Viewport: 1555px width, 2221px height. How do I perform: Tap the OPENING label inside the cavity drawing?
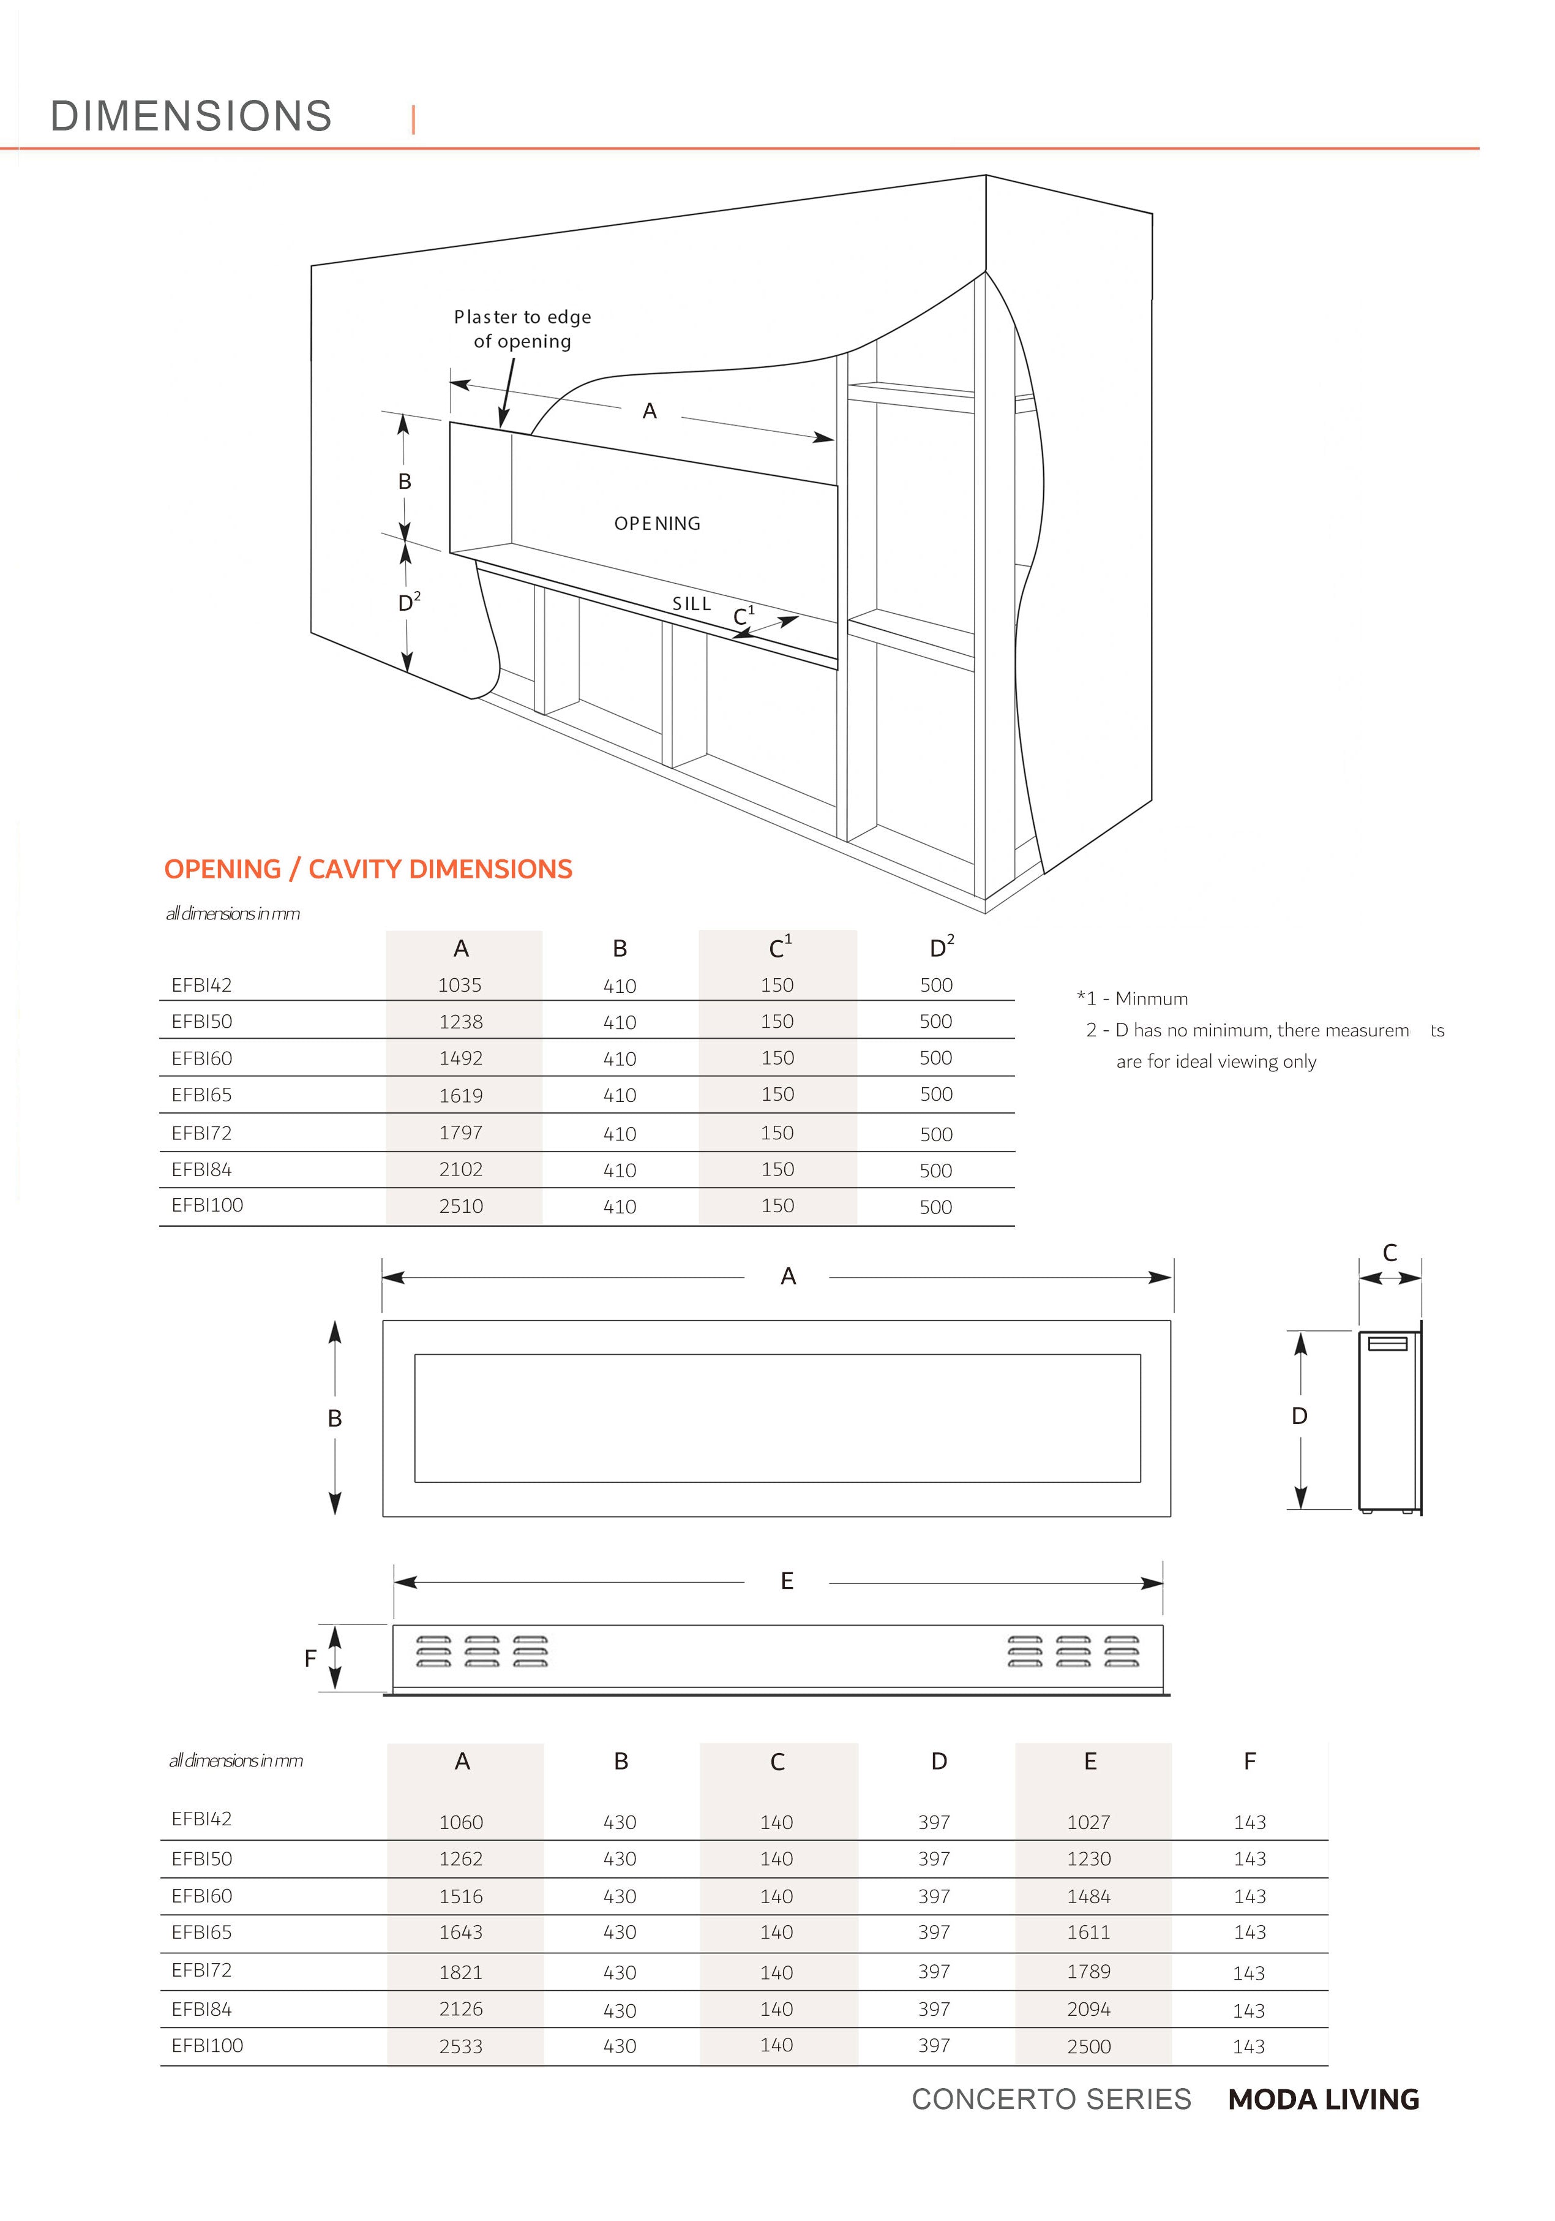pyautogui.click(x=657, y=523)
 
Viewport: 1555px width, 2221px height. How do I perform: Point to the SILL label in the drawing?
pyautogui.click(x=691, y=603)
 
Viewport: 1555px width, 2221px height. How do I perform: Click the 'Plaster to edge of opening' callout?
pyautogui.click(x=522, y=329)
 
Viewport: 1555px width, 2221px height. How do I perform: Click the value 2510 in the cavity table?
pyautogui.click(x=460, y=1206)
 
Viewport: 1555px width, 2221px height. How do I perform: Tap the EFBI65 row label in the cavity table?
pyautogui.click(x=201, y=1095)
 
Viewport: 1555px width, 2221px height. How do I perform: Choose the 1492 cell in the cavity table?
pyautogui.click(x=460, y=1058)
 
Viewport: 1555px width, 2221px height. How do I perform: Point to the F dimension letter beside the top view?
pyautogui.click(x=310, y=1659)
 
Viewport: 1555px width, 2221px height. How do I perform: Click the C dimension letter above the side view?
pyautogui.click(x=1390, y=1253)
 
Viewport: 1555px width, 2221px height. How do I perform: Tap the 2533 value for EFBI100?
pyautogui.click(x=460, y=2046)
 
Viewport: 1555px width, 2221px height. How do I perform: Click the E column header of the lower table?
pyautogui.click(x=1090, y=1762)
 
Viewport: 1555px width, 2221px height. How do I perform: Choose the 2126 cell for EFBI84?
pyautogui.click(x=460, y=2009)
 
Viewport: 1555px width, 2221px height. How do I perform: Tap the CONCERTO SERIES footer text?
pyautogui.click(x=1051, y=2099)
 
